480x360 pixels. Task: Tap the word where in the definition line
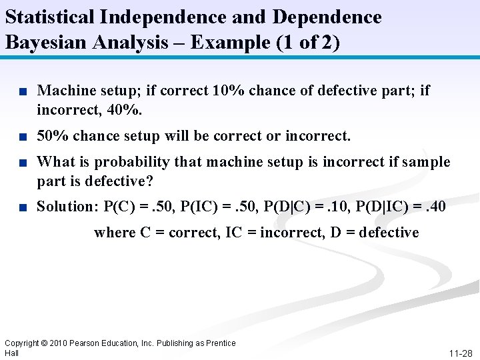tap(114, 232)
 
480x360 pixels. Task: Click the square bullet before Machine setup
tap(23, 91)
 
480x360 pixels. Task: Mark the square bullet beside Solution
tap(23, 207)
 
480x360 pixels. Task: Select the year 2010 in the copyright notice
tap(59, 343)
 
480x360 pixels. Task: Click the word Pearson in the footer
tap(89, 343)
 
